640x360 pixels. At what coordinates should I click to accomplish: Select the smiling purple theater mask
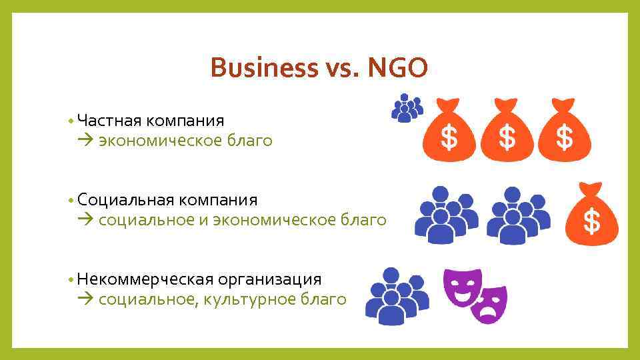coord(462,286)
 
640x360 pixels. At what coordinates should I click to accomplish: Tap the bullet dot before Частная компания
coord(70,121)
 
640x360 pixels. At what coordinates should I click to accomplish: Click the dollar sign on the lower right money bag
coord(591,221)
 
